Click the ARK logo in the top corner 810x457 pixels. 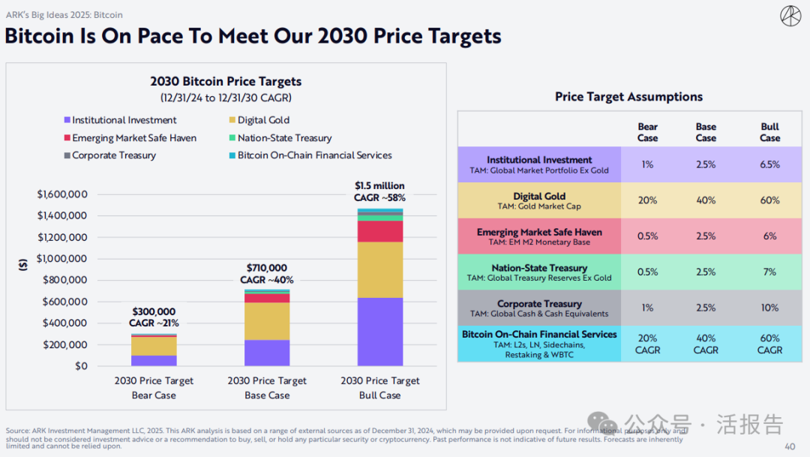(790, 15)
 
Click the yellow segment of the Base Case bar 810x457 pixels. (267, 321)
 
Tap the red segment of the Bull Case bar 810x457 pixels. (379, 231)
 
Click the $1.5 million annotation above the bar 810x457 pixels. (379, 186)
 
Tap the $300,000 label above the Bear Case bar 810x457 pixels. (154, 312)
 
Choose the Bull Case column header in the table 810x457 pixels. (769, 132)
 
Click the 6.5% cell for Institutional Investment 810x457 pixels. (769, 164)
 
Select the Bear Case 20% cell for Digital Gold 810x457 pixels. (647, 200)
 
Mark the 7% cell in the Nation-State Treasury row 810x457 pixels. (769, 272)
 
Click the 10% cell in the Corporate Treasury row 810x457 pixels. (769, 308)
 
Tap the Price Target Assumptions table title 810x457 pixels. (628, 97)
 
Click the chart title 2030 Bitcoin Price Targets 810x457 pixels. (226, 81)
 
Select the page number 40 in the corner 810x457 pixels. (790, 446)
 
